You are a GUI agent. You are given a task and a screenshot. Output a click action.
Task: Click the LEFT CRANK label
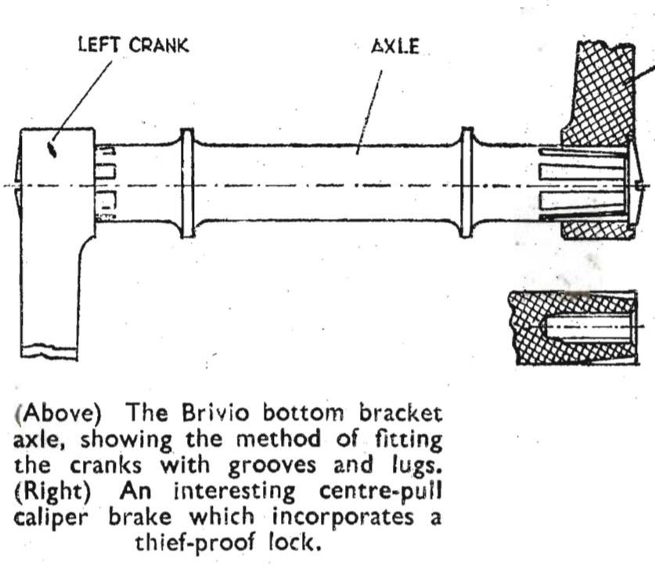[x=134, y=45]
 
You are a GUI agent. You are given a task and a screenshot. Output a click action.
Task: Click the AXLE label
[x=395, y=46]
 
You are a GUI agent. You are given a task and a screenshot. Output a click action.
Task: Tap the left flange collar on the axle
[x=187, y=183]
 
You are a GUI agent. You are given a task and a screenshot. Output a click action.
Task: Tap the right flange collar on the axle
[x=466, y=182]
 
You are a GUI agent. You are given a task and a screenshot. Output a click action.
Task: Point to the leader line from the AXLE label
[x=369, y=113]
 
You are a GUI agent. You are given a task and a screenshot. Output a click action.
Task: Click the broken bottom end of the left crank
[x=49, y=351]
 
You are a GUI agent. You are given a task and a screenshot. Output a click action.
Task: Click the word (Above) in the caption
[x=59, y=413]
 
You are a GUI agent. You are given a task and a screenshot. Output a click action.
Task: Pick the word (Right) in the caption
[x=53, y=491]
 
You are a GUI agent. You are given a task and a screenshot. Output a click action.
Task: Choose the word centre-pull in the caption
[x=380, y=491]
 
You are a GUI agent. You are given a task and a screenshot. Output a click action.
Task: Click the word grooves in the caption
[x=272, y=466]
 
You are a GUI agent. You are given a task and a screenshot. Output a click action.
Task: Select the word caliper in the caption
[x=51, y=518]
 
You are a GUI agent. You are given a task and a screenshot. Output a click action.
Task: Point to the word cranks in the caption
[x=106, y=466]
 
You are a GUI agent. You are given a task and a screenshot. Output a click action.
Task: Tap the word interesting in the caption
[x=234, y=492]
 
